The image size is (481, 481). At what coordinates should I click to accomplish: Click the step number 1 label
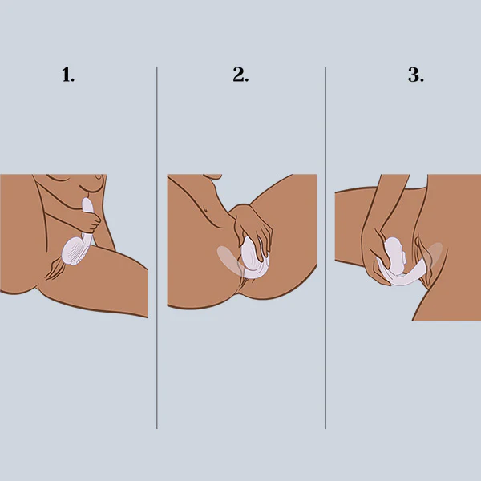68,75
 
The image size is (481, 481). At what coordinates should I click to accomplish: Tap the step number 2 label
240,75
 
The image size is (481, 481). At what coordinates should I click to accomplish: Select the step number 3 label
416,75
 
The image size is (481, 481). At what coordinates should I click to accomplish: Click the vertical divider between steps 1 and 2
157,248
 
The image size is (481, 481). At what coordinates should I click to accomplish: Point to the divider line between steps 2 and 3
325,248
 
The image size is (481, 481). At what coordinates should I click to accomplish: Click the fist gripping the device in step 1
91,223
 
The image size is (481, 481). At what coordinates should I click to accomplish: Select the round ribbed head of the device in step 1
73,252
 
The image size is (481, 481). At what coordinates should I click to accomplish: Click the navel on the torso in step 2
206,210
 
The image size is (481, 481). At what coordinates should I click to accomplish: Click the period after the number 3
422,80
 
